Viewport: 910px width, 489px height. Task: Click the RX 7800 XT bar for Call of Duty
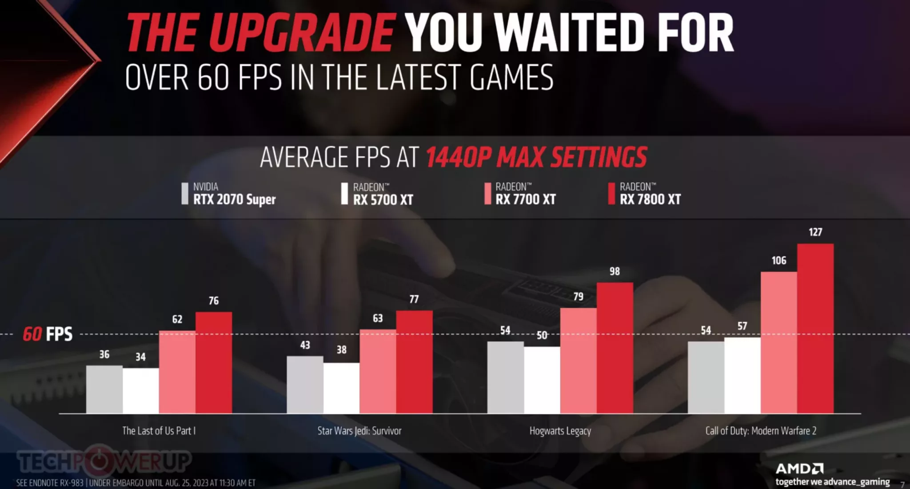click(815, 329)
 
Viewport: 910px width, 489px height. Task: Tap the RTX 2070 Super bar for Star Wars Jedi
click(305, 385)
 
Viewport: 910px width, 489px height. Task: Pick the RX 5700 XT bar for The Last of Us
click(140, 391)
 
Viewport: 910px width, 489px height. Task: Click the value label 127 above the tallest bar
click(815, 232)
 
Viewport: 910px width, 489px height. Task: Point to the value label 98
click(615, 271)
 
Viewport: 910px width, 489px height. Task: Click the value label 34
click(140, 357)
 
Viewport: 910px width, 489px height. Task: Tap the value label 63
click(378, 318)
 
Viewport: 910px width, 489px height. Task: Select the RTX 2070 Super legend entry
click(229, 194)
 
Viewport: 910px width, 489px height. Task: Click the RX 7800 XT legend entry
click(645, 194)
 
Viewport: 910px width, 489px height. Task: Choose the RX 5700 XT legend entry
click(378, 194)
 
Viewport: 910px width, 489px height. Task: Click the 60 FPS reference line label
click(48, 334)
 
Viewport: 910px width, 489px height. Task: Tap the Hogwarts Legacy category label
click(560, 430)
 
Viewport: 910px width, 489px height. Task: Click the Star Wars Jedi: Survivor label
click(359, 430)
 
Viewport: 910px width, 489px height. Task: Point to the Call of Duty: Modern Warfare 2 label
click(760, 430)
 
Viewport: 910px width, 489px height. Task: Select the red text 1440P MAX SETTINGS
click(536, 157)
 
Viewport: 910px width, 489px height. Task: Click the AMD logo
click(799, 469)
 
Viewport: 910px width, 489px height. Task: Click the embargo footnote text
click(136, 483)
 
